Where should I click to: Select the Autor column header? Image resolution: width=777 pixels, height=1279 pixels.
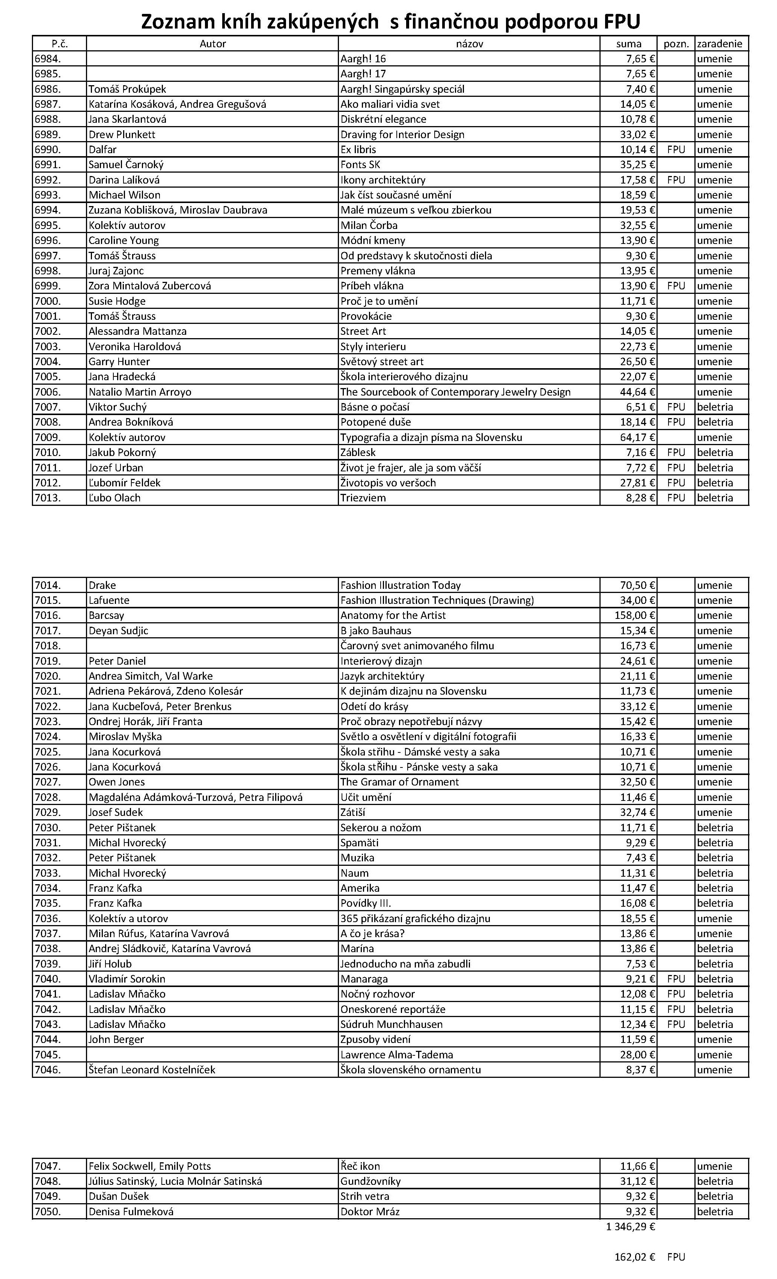(x=212, y=44)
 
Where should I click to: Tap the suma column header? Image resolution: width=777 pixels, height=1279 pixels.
(x=629, y=44)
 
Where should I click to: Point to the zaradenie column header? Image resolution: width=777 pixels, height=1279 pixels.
(x=720, y=44)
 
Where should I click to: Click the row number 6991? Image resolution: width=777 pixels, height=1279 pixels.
(x=48, y=164)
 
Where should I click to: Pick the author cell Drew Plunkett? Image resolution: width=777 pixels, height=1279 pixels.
(x=122, y=134)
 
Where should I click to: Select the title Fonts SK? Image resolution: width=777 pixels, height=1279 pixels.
(x=360, y=164)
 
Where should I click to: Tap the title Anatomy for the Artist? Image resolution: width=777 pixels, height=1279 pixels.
(x=393, y=615)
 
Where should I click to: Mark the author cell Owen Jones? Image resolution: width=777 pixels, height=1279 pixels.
(x=117, y=782)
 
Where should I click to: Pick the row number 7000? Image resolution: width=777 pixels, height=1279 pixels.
(x=48, y=301)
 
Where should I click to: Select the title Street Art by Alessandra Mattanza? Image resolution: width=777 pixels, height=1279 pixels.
(x=363, y=331)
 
